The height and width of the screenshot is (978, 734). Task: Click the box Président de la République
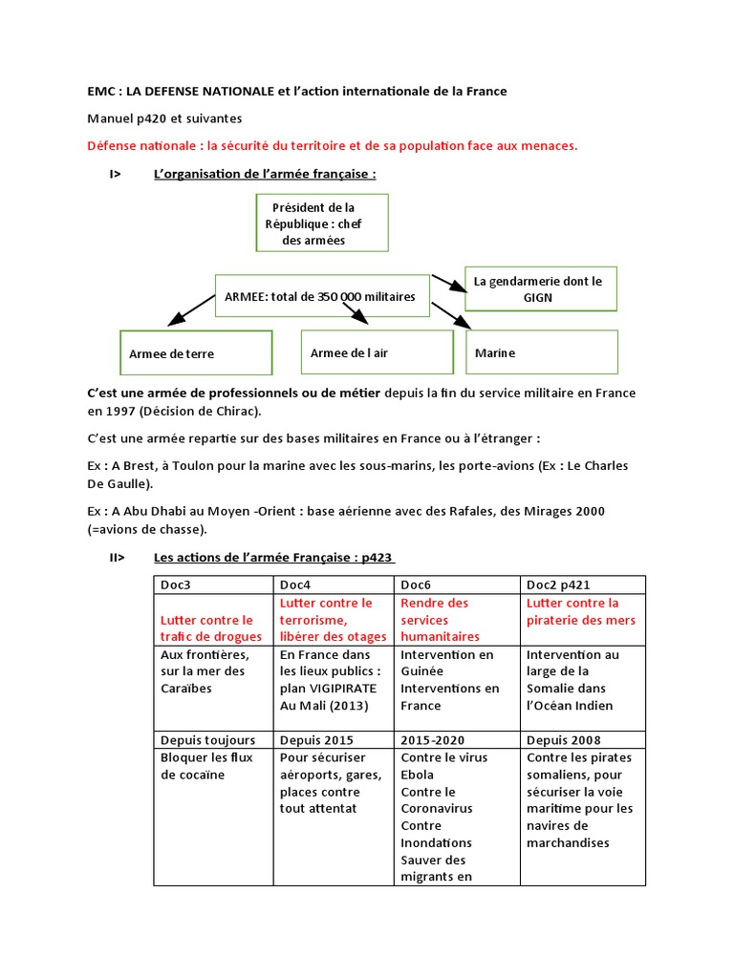click(322, 223)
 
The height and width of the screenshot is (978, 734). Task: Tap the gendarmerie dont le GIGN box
click(540, 288)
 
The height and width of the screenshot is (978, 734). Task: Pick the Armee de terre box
click(195, 353)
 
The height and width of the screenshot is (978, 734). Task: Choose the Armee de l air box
click(376, 352)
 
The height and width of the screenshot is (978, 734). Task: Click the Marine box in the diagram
click(541, 352)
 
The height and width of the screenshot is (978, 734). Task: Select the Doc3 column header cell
click(214, 585)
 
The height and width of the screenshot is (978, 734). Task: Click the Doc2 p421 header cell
click(582, 585)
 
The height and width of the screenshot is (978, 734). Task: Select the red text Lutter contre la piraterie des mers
click(581, 611)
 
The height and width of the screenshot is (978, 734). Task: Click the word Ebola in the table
click(417, 775)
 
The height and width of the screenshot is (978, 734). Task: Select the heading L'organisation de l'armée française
click(265, 174)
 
